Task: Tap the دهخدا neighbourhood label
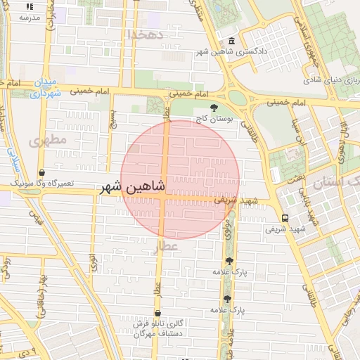click(x=146, y=34)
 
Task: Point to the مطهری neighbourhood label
click(x=48, y=140)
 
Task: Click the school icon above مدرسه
click(x=29, y=6)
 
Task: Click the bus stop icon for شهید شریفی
click(x=285, y=218)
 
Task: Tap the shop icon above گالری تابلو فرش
click(x=157, y=313)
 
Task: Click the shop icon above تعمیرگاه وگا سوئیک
click(x=42, y=172)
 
